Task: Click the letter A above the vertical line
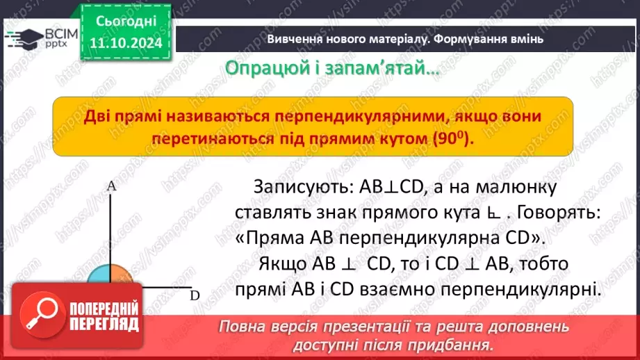[x=110, y=186]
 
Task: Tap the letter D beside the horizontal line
[x=195, y=295]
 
